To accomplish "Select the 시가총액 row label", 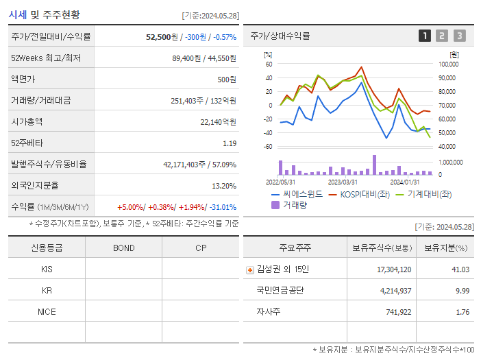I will tap(27, 121).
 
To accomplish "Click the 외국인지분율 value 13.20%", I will tap(223, 185).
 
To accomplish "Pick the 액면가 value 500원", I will tap(226, 79).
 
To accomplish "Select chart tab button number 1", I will tap(425, 36).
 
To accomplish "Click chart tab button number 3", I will tap(459, 36).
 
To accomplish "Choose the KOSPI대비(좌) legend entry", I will tap(367, 194).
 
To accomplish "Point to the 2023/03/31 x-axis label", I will tap(343, 182).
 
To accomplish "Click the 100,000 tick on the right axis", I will tap(449, 64).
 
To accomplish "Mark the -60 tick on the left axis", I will tap(268, 147).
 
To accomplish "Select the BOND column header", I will tap(123, 248).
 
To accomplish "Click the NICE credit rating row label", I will tap(47, 311).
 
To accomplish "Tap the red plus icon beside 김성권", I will tap(250, 269).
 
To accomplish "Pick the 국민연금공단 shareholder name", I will tap(280, 290).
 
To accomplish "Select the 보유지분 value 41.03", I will tap(460, 269).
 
